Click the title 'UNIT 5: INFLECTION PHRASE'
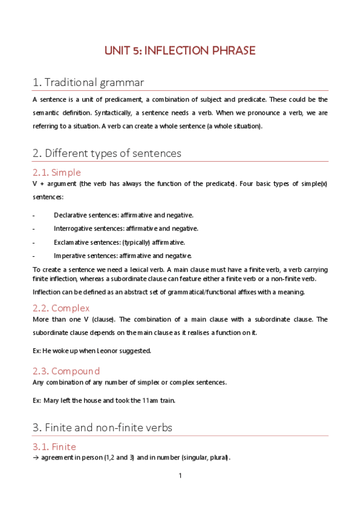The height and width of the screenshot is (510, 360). [x=180, y=51]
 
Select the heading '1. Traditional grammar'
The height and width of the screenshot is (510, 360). [x=88, y=82]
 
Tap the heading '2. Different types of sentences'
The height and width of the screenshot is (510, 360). [x=106, y=153]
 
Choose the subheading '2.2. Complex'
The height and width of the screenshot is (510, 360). [x=61, y=308]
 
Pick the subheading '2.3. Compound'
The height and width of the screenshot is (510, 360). [x=66, y=370]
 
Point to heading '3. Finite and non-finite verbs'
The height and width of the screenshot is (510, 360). [x=102, y=428]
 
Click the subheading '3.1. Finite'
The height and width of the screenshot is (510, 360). [x=55, y=447]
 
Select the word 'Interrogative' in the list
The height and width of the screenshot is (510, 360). [x=73, y=229]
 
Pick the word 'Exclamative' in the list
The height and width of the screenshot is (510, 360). [x=70, y=242]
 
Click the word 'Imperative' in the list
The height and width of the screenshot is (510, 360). [x=69, y=256]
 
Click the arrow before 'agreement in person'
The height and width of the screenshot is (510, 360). [x=35, y=458]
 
